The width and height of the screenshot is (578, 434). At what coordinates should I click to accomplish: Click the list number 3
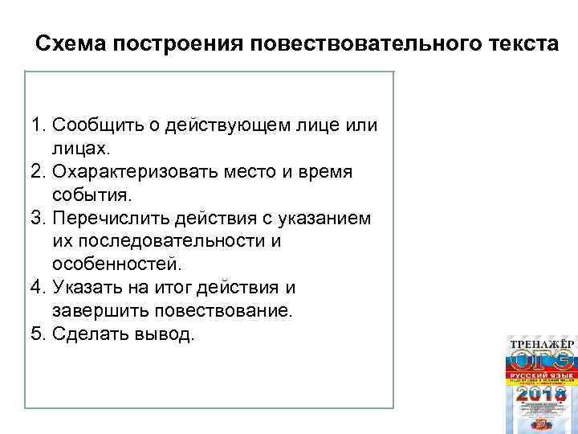pos(37,219)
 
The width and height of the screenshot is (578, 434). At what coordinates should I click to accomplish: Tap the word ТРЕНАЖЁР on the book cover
pos(542,344)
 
